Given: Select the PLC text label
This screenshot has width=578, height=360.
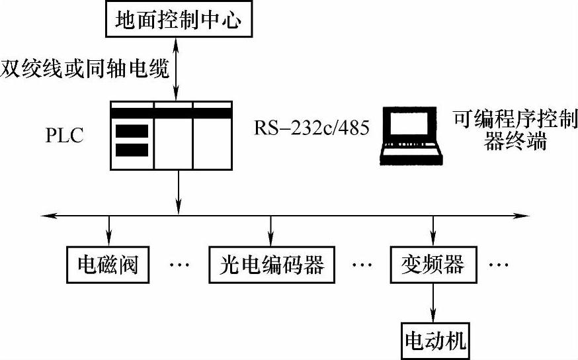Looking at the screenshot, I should tap(64, 137).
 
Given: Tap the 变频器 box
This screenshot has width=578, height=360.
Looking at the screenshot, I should tap(433, 265).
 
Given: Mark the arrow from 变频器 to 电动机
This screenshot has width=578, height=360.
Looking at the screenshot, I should tap(433, 301).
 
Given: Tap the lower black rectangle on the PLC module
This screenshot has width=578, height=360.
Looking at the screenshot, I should tap(132, 150).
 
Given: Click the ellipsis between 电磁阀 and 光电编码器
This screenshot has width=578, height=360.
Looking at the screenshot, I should tap(179, 265).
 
